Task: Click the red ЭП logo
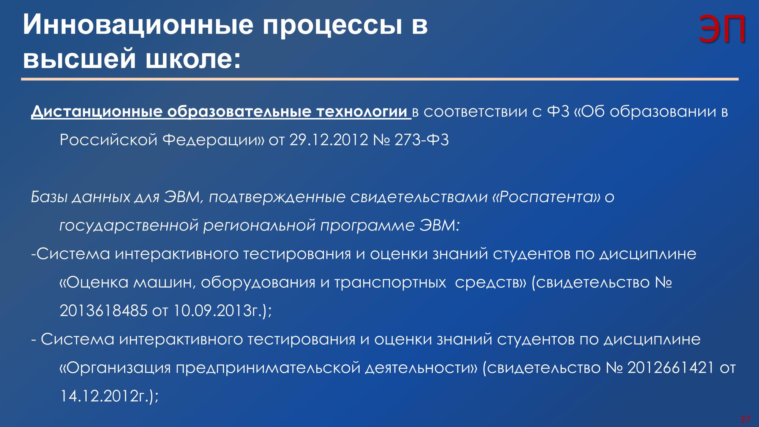pyautogui.click(x=722, y=30)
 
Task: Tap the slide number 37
pyautogui.click(x=745, y=419)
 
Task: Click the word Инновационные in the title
pyautogui.click(x=138, y=25)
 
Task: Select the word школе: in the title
pyautogui.click(x=193, y=59)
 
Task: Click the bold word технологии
pyautogui.click(x=361, y=112)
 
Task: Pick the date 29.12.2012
pyautogui.click(x=329, y=140)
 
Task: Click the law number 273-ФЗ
pyautogui.click(x=421, y=140)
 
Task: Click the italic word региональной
pyautogui.click(x=259, y=225)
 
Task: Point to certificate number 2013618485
pyautogui.click(x=103, y=311)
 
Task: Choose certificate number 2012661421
pyautogui.click(x=671, y=368)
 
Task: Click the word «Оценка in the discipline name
pyautogui.click(x=94, y=282)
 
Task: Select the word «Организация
pyautogui.click(x=115, y=368)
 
